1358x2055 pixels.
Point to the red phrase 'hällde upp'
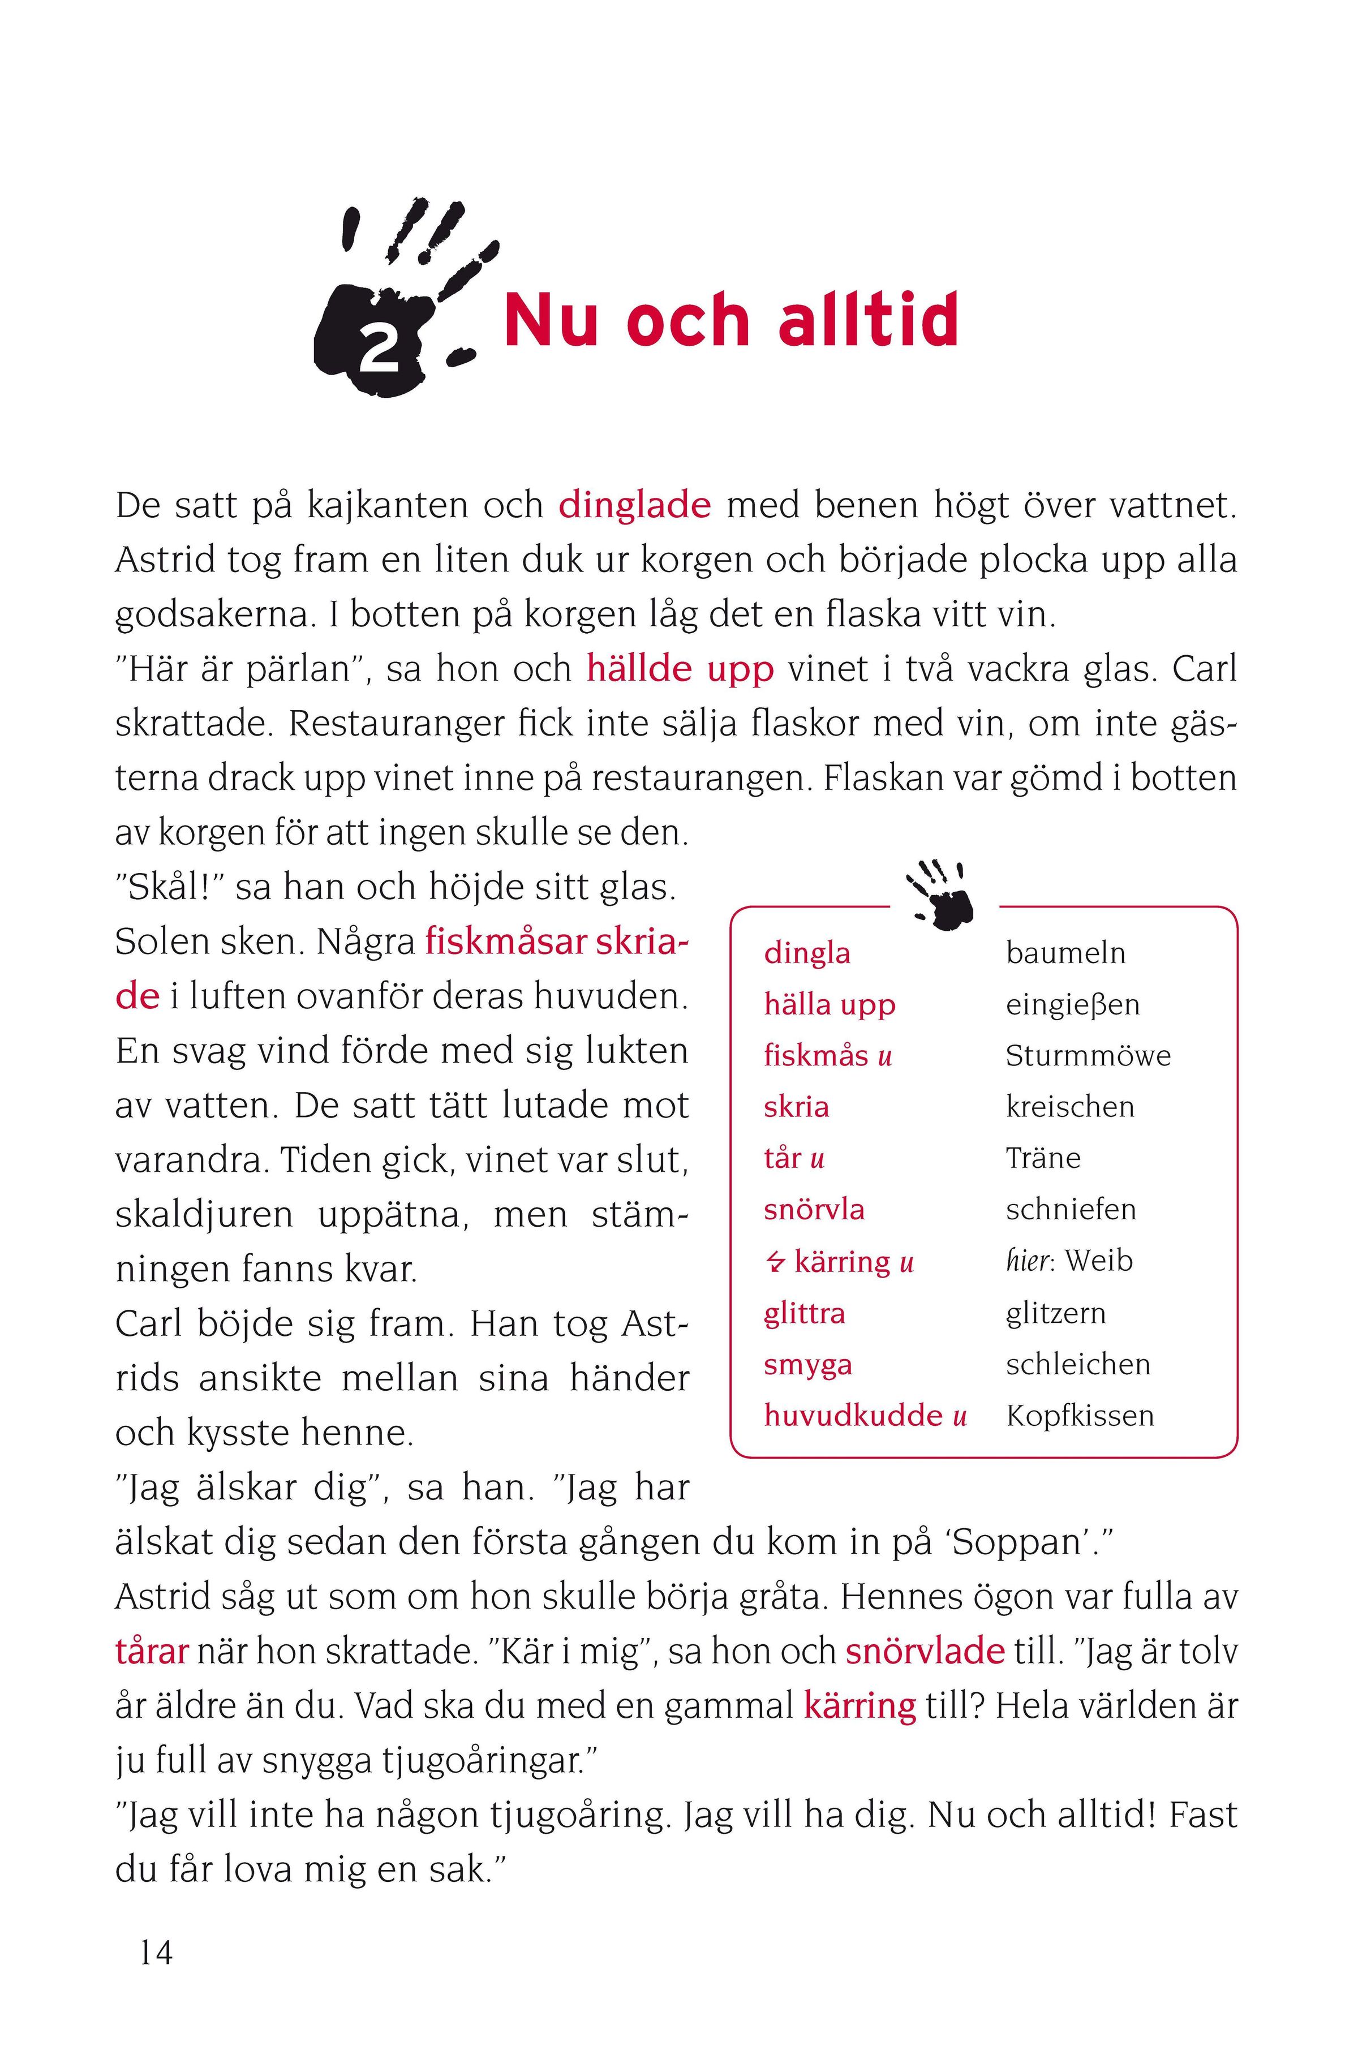680,669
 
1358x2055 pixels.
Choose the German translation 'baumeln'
1065,953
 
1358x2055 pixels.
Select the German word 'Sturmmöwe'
1088,1056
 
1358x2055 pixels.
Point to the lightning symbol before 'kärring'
774,1263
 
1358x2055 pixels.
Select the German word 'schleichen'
1077,1365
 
